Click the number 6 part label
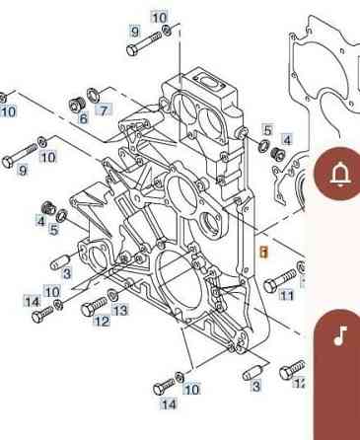(x=84, y=117)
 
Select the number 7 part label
(x=103, y=110)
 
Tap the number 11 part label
(x=286, y=295)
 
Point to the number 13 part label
(x=120, y=310)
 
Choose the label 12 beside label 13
(x=102, y=321)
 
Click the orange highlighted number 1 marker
(x=263, y=252)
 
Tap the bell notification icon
(x=341, y=175)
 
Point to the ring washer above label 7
(x=94, y=95)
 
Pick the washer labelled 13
(x=111, y=296)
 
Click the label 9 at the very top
(x=135, y=33)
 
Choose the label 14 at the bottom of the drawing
(x=169, y=403)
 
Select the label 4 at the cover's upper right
(x=287, y=140)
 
